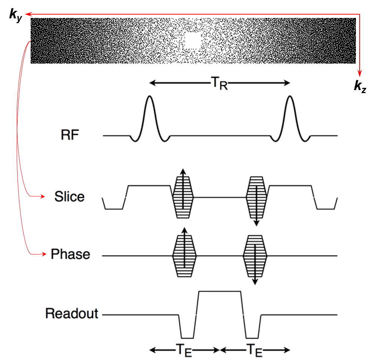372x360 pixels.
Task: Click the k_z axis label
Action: click(x=360, y=87)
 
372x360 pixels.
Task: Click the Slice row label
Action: click(x=69, y=196)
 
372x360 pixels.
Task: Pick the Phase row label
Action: click(x=70, y=255)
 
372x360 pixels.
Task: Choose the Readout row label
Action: click(x=72, y=313)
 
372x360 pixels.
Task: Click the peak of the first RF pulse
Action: click(x=150, y=97)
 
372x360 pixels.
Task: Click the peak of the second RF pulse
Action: click(x=289, y=97)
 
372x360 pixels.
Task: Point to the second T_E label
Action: click(x=255, y=351)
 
